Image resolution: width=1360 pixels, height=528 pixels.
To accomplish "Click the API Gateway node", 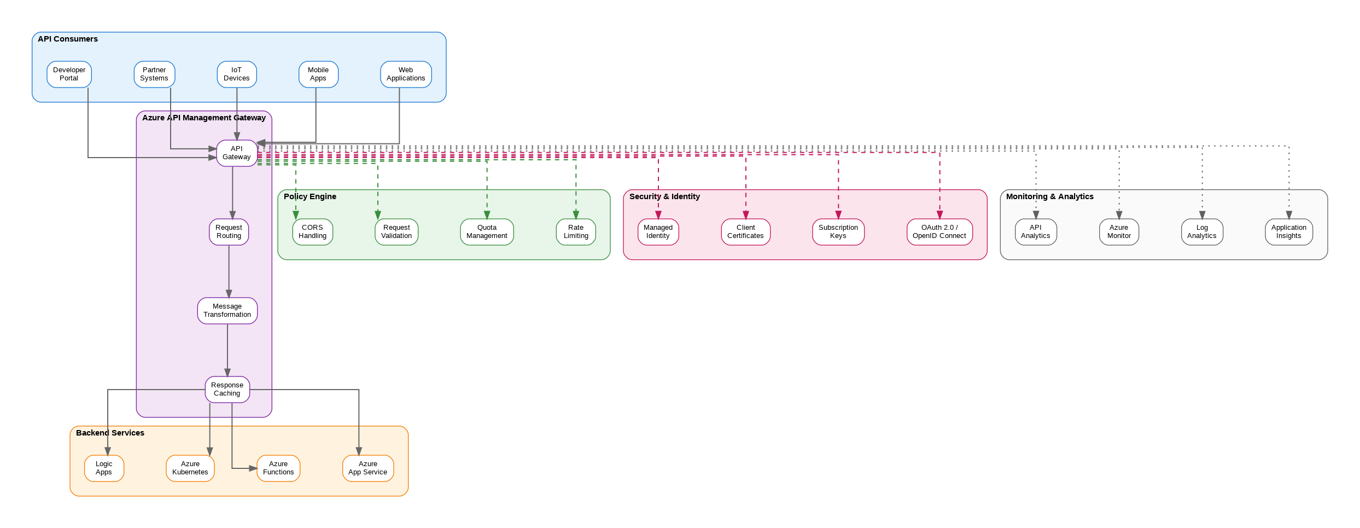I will pyautogui.click(x=236, y=153).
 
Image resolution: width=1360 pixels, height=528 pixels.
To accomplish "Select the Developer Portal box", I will pyautogui.click(x=69, y=74).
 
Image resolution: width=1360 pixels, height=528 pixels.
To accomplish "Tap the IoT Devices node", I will pyautogui.click(x=236, y=74).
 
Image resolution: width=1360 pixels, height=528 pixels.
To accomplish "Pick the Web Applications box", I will pyautogui.click(x=406, y=74).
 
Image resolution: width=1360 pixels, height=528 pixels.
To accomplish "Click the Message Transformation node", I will pyautogui.click(x=227, y=311).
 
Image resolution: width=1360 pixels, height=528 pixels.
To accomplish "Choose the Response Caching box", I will pyautogui.click(x=227, y=390).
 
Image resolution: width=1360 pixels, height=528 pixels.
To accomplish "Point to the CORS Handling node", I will pyautogui.click(x=312, y=232).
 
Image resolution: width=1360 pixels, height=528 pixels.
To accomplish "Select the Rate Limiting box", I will pyautogui.click(x=576, y=232).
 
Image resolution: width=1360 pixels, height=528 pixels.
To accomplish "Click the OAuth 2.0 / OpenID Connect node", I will pyautogui.click(x=939, y=232).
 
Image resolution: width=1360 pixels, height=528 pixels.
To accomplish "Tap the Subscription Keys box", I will pyautogui.click(x=838, y=232).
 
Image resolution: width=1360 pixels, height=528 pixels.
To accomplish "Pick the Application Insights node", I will pyautogui.click(x=1288, y=232).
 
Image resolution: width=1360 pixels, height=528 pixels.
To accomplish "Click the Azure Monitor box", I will pyautogui.click(x=1119, y=232).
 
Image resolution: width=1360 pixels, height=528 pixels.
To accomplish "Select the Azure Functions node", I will pyautogui.click(x=278, y=468).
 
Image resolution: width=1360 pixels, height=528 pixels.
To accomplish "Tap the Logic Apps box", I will pyautogui.click(x=104, y=468).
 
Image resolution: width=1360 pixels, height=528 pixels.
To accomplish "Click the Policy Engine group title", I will pyautogui.click(x=310, y=196).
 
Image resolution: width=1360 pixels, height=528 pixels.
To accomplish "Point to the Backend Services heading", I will pyautogui.click(x=110, y=433).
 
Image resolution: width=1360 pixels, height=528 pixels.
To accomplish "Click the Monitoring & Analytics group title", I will pyautogui.click(x=1049, y=196).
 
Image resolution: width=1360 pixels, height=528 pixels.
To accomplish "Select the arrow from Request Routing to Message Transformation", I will pyautogui.click(x=229, y=271).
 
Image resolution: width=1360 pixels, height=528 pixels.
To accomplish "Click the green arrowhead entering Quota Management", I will pyautogui.click(x=487, y=215).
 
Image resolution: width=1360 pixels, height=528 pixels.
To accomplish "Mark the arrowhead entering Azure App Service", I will pyautogui.click(x=359, y=451).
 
